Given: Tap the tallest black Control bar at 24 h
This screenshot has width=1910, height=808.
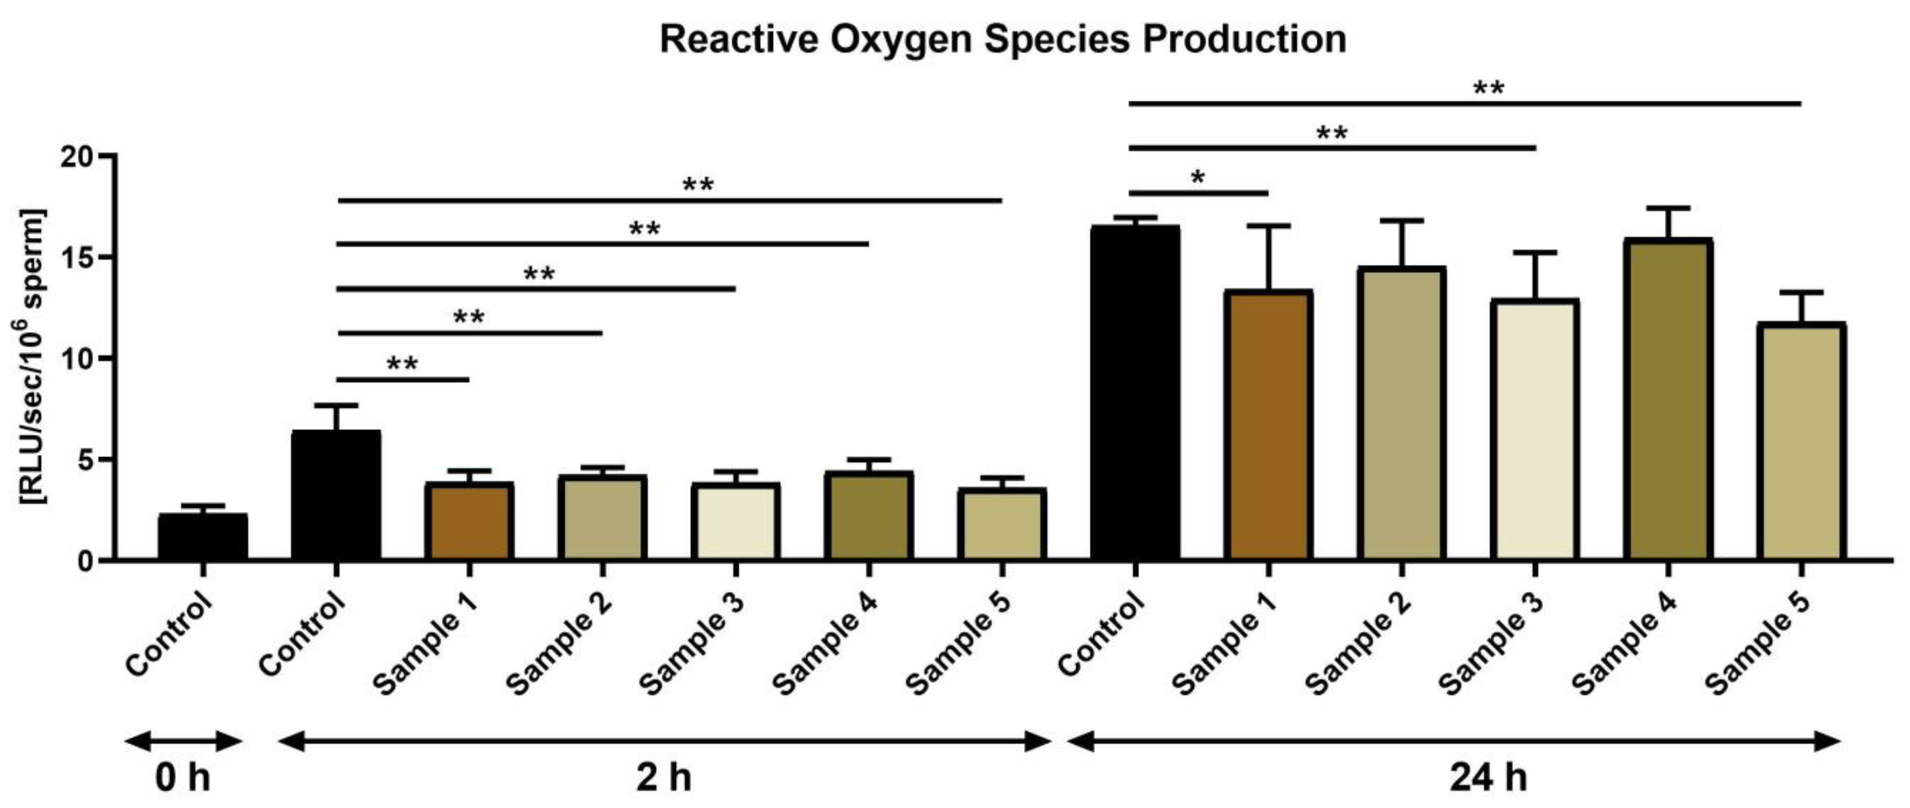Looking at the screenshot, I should point(1135,393).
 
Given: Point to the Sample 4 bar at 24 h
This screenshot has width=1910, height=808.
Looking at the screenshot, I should point(1668,400).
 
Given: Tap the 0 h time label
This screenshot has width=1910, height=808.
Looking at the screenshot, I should point(182,779).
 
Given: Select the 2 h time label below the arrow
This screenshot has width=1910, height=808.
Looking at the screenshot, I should point(663,779).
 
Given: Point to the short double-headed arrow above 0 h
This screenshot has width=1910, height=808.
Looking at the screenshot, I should point(183,741).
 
